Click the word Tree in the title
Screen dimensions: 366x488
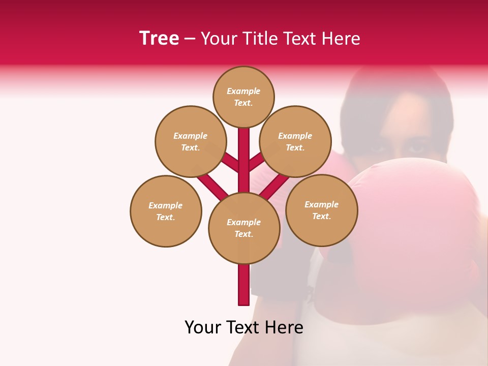point(159,38)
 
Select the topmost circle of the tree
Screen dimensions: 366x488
point(243,97)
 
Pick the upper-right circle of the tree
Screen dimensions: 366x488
point(295,141)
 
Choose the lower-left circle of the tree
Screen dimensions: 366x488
point(166,211)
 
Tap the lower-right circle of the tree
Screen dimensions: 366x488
point(322,210)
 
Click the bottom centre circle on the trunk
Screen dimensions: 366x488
point(244,228)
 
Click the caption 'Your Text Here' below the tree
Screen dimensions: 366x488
point(244,327)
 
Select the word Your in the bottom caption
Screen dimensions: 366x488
point(202,327)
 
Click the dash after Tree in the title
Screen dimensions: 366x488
point(190,39)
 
